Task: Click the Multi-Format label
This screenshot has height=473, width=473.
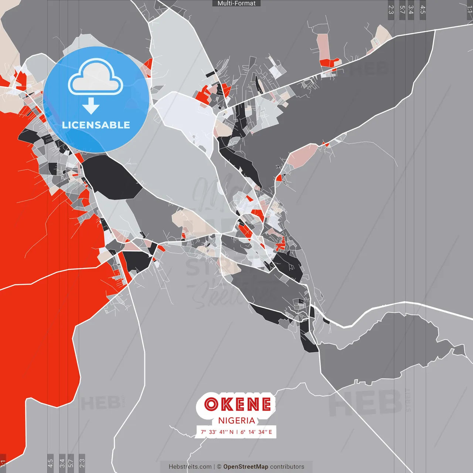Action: [x=236, y=3]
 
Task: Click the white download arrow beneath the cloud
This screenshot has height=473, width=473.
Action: [x=91, y=106]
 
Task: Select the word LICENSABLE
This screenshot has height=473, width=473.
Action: [x=96, y=125]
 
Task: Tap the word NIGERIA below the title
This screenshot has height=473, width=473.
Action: [x=236, y=421]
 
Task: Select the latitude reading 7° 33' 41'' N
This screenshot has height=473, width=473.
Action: [x=217, y=432]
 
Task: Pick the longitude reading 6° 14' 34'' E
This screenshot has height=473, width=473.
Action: [x=256, y=432]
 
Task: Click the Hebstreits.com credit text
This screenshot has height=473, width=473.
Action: [x=190, y=467]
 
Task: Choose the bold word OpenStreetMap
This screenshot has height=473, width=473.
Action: [x=246, y=467]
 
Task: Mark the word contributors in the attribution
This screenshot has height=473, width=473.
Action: [x=287, y=467]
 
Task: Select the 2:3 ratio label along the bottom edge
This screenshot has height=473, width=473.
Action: [x=82, y=463]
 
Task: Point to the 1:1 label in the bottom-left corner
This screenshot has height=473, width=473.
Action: [x=3, y=463]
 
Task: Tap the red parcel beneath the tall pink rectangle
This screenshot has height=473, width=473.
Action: [x=330, y=62]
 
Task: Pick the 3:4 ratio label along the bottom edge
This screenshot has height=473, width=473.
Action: [x=62, y=463]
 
